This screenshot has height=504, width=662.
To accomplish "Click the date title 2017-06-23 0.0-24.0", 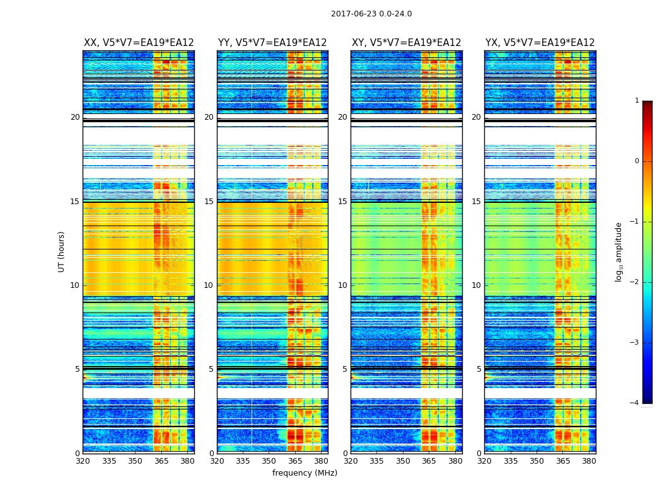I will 371,14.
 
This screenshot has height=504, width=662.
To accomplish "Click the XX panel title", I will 139,43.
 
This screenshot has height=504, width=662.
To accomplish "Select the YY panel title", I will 272,43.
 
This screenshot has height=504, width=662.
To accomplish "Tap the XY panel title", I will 406,43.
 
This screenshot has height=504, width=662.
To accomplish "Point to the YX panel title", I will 540,43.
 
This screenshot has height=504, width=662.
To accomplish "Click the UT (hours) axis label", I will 61,251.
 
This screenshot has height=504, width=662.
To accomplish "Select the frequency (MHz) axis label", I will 305,473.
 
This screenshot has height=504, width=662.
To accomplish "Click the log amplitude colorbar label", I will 619,251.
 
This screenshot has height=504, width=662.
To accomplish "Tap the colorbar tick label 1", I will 636,101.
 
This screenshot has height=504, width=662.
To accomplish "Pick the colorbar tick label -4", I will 635,403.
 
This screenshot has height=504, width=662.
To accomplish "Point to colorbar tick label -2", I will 635,282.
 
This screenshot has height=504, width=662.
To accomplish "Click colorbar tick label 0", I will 636,161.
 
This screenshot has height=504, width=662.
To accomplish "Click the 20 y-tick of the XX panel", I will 75,117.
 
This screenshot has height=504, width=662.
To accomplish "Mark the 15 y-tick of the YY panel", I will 209,202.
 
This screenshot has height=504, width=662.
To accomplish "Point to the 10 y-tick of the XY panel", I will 342,285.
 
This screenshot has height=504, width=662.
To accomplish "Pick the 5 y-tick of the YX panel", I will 479,369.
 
